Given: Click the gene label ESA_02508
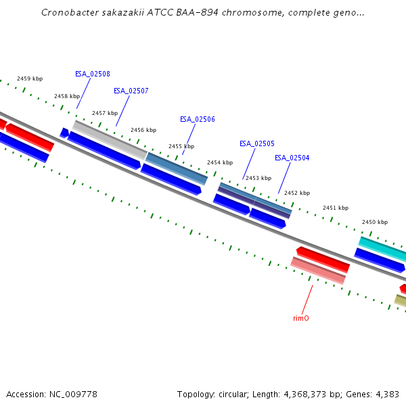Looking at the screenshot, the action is [93, 74].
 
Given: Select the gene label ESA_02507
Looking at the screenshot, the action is [131, 91].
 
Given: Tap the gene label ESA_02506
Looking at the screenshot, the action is [198, 119].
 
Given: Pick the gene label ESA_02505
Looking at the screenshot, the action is [257, 143].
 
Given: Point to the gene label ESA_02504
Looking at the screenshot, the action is [292, 158].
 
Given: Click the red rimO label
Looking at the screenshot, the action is [301, 317].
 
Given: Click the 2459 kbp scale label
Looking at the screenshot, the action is [30, 79].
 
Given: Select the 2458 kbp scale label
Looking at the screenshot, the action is [67, 96].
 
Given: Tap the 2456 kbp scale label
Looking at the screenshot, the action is [143, 130].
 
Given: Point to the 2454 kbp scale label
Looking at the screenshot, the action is [220, 162].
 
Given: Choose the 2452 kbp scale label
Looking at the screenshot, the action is [297, 193].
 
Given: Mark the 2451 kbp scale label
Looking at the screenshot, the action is [336, 208].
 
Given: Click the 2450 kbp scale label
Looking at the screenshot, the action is [375, 222].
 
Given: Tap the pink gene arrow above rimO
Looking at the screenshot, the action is [318, 270].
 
